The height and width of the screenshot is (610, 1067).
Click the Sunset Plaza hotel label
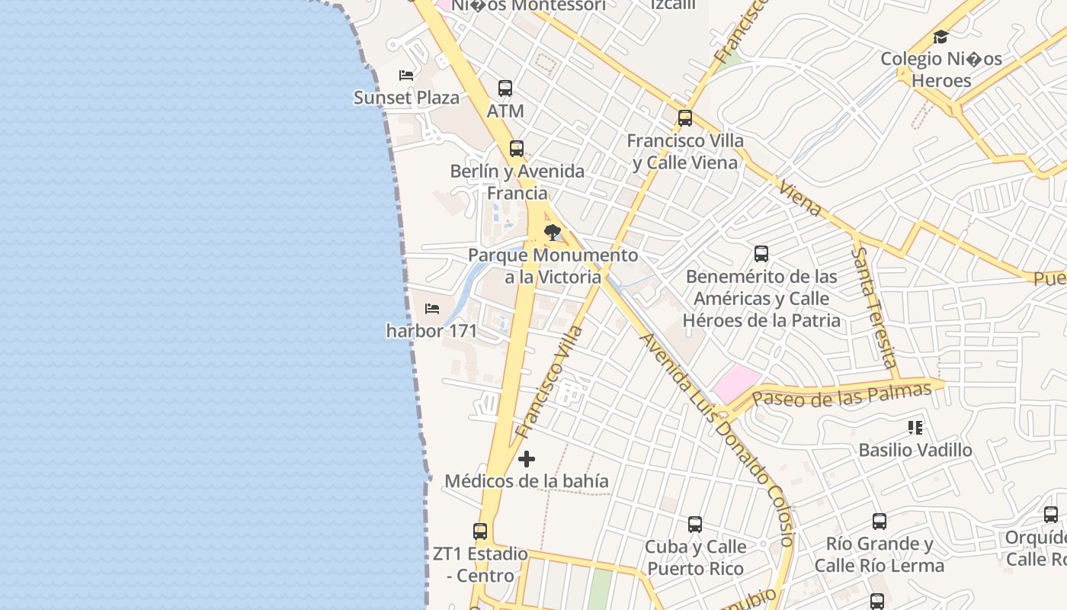pyautogui.click(x=407, y=98)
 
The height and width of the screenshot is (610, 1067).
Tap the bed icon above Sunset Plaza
pyautogui.click(x=406, y=75)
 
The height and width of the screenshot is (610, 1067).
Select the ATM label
pyautogui.click(x=505, y=111)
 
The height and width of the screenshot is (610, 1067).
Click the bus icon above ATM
pyautogui.click(x=505, y=88)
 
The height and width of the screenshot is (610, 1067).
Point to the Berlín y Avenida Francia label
pyautogui.click(x=517, y=181)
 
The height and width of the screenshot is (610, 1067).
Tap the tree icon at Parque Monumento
pyautogui.click(x=553, y=233)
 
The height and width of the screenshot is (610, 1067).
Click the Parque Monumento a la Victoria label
pyautogui.click(x=553, y=265)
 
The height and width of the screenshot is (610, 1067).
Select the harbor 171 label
pyautogui.click(x=431, y=331)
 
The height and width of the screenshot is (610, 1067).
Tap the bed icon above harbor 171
pyautogui.click(x=432, y=309)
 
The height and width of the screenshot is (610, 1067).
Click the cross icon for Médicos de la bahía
pyautogui.click(x=527, y=459)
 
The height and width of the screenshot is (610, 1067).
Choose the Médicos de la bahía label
pyautogui.click(x=527, y=481)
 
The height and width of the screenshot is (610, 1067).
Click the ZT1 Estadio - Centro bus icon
pyautogui.click(x=480, y=531)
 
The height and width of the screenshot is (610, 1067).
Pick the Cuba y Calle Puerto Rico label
pyautogui.click(x=695, y=557)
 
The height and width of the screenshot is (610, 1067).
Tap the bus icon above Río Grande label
pyautogui.click(x=880, y=522)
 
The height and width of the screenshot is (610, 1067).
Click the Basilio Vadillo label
pyautogui.click(x=915, y=450)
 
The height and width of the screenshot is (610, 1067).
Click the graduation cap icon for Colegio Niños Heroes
pyautogui.click(x=941, y=37)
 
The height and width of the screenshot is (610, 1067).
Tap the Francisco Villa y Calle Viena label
pyautogui.click(x=685, y=151)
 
